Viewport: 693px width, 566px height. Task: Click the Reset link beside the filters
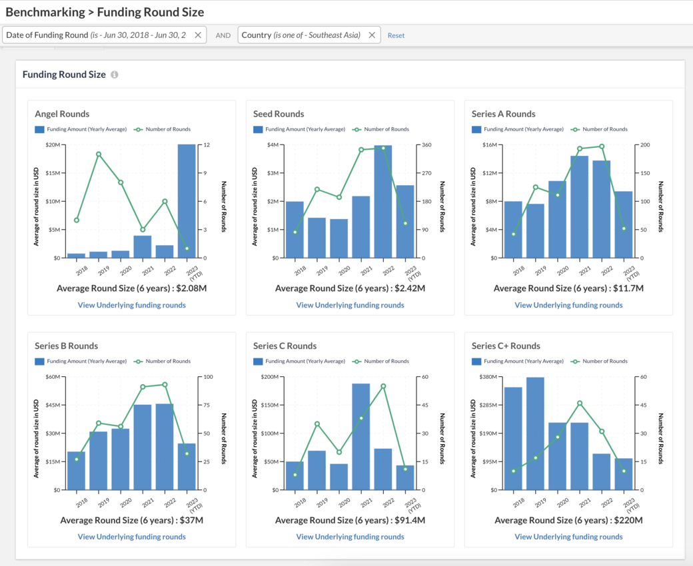[x=396, y=35]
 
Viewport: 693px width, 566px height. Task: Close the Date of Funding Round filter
[x=198, y=35]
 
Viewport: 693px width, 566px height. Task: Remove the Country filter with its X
[x=372, y=35]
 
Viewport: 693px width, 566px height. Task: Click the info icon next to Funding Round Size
[x=115, y=75]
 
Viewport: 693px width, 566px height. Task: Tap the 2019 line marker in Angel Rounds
[x=99, y=154]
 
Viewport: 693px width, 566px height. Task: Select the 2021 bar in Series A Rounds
[x=580, y=206]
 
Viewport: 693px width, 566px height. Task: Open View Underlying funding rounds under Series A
[x=568, y=305]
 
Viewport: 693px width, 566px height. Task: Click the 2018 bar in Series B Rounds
[x=76, y=471]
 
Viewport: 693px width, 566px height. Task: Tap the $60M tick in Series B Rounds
[x=53, y=377]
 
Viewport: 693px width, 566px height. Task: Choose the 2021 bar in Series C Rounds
[x=361, y=437]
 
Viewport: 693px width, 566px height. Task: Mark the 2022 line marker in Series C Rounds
[x=383, y=386]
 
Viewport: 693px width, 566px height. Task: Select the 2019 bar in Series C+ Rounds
[x=535, y=433]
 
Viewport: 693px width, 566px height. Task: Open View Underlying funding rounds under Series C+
[x=568, y=537]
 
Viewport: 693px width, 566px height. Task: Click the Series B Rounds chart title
[x=66, y=346]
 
